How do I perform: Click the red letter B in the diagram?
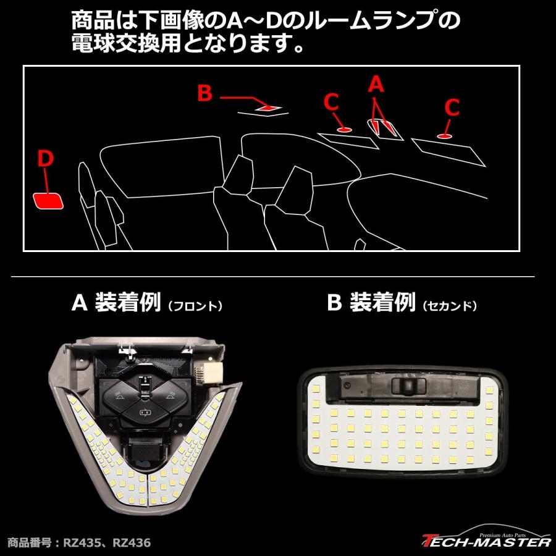click(x=204, y=93)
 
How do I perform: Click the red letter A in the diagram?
click(x=376, y=84)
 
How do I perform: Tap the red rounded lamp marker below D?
click(x=48, y=201)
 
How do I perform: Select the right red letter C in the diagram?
click(x=452, y=108)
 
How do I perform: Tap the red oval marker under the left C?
click(x=344, y=130)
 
